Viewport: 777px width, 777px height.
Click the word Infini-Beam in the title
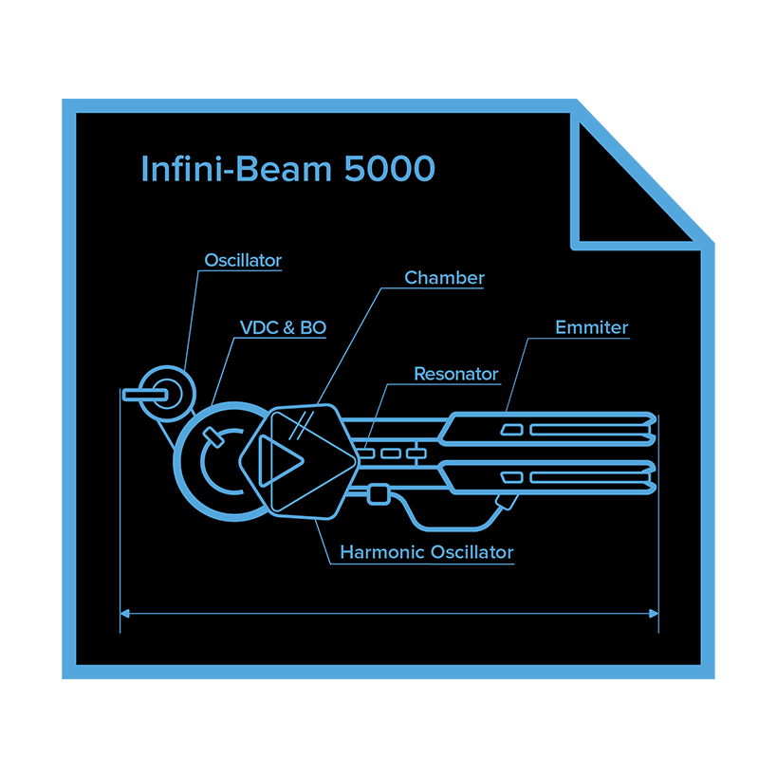coord(237,169)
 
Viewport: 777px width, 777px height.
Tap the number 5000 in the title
coord(390,169)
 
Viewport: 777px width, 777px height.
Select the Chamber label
coord(444,278)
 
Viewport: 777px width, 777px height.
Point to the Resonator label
coord(455,374)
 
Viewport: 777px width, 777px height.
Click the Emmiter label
coord(591,328)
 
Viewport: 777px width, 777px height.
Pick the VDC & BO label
coord(283,328)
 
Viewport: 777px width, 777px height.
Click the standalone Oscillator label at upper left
coord(243,260)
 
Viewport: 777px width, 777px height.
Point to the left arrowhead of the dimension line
coord(124,614)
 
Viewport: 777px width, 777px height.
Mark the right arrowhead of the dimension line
coord(654,614)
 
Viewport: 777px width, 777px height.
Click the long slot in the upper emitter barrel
coord(584,430)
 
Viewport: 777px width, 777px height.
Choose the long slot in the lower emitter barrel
coord(584,475)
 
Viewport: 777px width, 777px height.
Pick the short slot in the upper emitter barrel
coord(512,430)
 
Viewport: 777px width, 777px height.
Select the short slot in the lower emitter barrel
coord(512,475)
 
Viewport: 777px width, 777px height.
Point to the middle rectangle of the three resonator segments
coord(391,453)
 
